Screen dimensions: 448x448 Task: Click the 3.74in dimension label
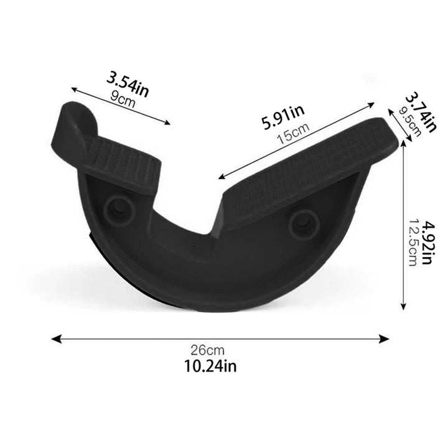(x=421, y=112)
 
